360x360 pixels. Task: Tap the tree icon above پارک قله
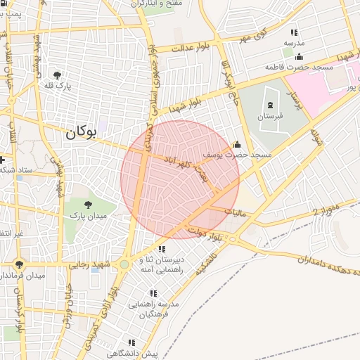click(56, 75)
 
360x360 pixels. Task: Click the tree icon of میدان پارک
click(87, 205)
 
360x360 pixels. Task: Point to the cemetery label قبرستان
click(270, 115)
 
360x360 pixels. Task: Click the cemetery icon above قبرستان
click(271, 104)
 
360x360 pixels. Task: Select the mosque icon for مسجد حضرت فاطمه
click(300, 57)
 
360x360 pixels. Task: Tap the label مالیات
click(236, 212)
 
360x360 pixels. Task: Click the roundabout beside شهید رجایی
click(124, 264)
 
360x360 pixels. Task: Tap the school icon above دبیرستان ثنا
click(162, 249)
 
